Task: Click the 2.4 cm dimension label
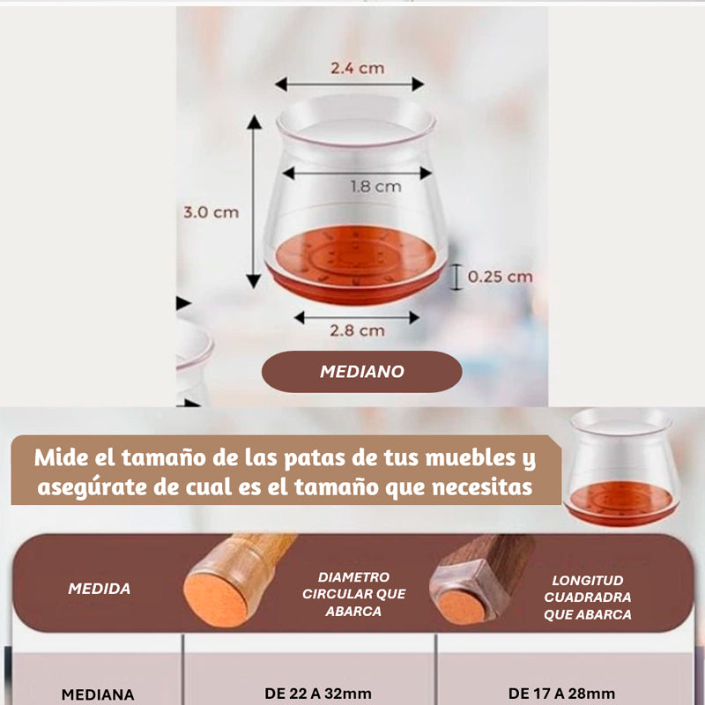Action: click(358, 69)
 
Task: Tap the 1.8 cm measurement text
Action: click(376, 187)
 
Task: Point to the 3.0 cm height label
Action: click(211, 212)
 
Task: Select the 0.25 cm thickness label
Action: click(500, 277)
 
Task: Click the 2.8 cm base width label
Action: click(358, 331)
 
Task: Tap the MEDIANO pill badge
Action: click(362, 372)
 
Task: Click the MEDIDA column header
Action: click(100, 589)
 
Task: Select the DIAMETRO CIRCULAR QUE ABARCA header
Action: click(354, 594)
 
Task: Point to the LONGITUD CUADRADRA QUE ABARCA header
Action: click(588, 597)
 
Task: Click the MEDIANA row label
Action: click(98, 694)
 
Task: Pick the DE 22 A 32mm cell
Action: click(318, 694)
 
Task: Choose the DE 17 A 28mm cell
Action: click(561, 694)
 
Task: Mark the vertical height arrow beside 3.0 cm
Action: click(254, 202)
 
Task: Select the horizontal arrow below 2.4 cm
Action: click(350, 84)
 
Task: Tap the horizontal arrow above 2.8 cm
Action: click(357, 317)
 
